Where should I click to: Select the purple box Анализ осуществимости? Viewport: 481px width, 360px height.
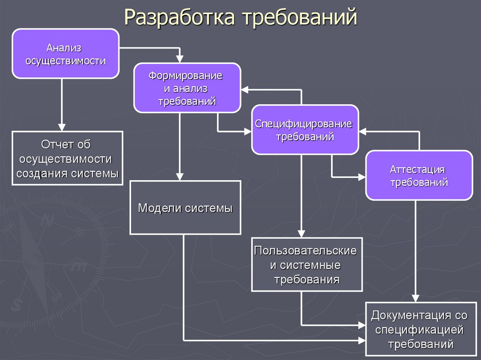(x=65, y=54)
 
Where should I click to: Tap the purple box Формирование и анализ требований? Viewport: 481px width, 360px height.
(x=187, y=88)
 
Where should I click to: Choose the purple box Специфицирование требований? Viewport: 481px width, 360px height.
(x=305, y=130)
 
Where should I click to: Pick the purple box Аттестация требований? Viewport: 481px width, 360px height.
(x=419, y=175)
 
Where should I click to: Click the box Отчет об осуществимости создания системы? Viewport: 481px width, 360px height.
(x=67, y=158)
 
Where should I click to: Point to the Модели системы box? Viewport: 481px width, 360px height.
(x=185, y=207)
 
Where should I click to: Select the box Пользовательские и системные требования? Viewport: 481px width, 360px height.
(x=307, y=264)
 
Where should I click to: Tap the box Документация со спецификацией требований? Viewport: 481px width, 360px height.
(x=419, y=329)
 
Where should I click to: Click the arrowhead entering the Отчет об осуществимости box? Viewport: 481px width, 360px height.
(x=62, y=127)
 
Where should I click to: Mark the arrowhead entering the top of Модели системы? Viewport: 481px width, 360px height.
(x=180, y=176)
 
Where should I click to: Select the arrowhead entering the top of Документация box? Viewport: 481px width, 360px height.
(x=415, y=298)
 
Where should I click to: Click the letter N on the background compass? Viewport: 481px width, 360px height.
(x=46, y=221)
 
